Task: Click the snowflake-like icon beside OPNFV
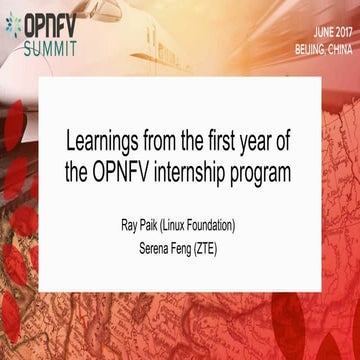click(13, 25)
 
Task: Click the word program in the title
click(263, 172)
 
